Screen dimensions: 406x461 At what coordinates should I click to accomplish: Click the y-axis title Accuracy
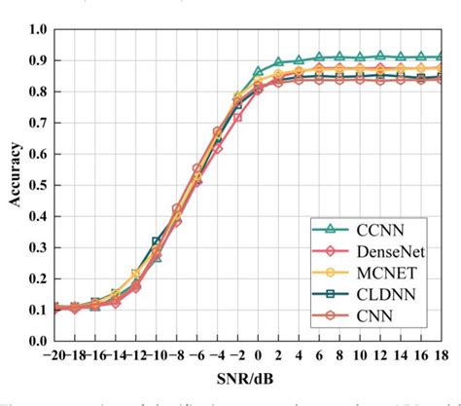click(14, 185)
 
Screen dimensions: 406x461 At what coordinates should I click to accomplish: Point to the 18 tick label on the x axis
click(442, 356)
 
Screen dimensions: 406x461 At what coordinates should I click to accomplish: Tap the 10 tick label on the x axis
click(360, 356)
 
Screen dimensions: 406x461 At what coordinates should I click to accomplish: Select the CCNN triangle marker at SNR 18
click(441, 57)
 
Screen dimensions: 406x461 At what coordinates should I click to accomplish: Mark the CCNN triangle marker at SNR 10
click(360, 57)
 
